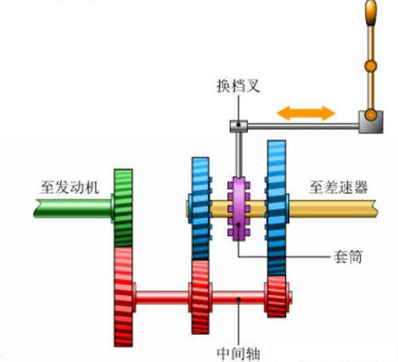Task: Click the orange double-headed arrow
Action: [x=306, y=113]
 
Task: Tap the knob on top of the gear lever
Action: [x=371, y=12]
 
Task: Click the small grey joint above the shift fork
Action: [x=237, y=126]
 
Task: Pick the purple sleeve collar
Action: [x=238, y=210]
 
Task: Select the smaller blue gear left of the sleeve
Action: [x=200, y=208]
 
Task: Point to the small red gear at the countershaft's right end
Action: [x=275, y=295]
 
